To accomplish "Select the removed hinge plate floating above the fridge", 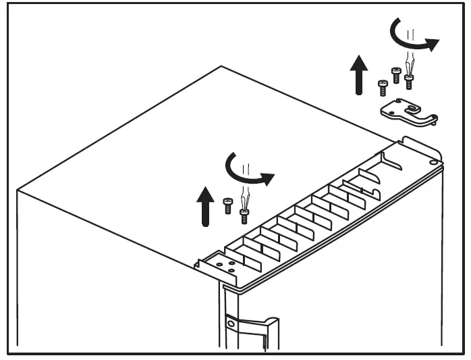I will coord(408,111).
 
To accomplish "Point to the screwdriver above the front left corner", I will coord(244,199).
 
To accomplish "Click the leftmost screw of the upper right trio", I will coord(383,87).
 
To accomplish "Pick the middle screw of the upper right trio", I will coord(396,74).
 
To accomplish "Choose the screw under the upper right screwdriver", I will coord(409,82).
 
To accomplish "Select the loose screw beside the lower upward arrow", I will coord(227,205).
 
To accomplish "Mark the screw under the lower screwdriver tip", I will coord(244,215).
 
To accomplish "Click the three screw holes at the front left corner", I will coord(225,262).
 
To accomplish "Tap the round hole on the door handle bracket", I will coord(231,326).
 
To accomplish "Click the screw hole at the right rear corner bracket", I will coord(431,162).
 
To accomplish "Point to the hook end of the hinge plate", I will coord(431,120).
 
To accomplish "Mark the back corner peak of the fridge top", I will coord(221,66).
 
